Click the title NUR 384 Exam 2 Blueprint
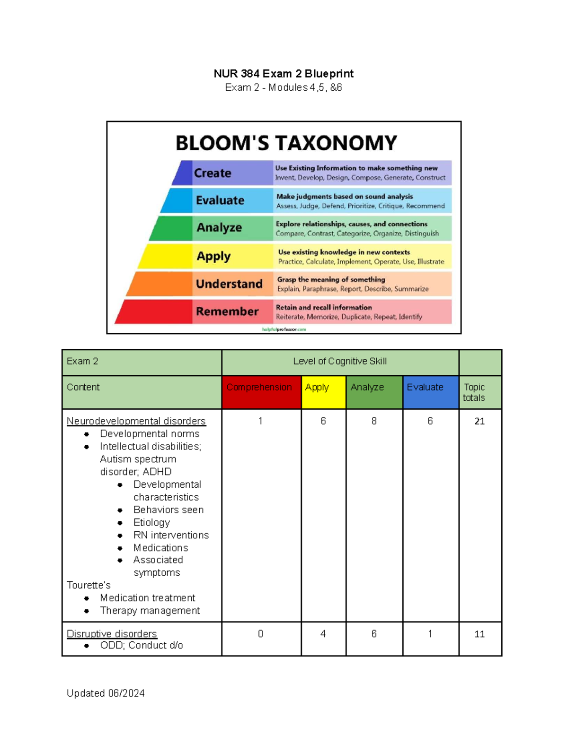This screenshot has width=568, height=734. (284, 73)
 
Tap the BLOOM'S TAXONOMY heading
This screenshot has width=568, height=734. (286, 143)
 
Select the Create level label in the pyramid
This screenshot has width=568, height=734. (213, 173)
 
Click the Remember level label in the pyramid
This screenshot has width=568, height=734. (227, 311)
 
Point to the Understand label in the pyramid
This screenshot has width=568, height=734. (230, 284)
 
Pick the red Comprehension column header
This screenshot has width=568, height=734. (259, 387)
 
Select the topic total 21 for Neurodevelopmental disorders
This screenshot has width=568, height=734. (479, 421)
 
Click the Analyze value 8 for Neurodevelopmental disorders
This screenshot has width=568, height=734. (374, 421)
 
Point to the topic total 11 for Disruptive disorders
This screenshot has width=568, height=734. (479, 634)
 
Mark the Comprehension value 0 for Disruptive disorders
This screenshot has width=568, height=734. (260, 634)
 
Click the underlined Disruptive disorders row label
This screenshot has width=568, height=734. (112, 634)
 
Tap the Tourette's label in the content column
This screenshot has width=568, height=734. (89, 585)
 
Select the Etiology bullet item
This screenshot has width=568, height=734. (151, 523)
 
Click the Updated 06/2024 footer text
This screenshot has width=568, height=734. (106, 693)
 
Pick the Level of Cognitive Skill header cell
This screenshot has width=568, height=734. (340, 362)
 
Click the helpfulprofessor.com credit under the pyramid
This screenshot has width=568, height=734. (284, 329)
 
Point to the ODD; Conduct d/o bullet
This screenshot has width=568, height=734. (142, 645)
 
